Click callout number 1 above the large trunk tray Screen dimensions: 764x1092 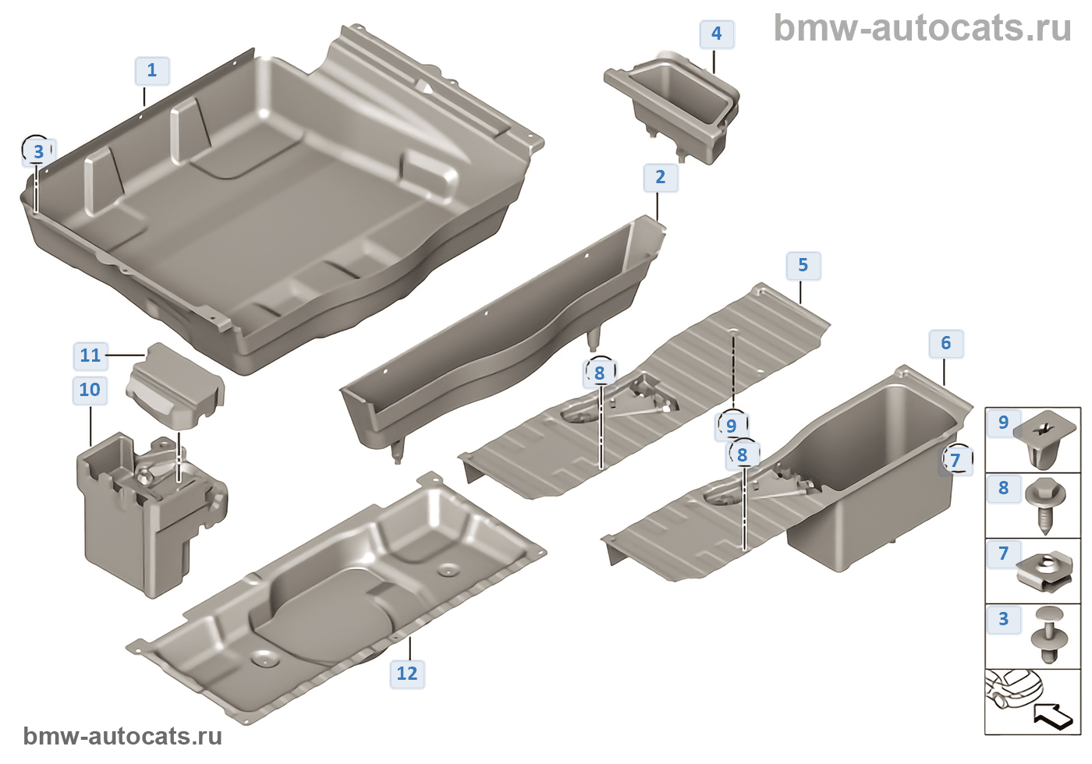[x=151, y=71]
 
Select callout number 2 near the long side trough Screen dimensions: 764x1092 [x=660, y=178]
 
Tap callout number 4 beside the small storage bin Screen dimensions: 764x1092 [x=716, y=34]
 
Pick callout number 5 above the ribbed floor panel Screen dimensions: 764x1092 [x=803, y=266]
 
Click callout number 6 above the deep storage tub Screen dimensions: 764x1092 [x=945, y=344]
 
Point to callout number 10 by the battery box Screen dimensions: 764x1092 [x=90, y=390]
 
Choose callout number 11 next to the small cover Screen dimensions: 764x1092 [x=90, y=355]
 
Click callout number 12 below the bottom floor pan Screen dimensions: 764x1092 [x=406, y=674]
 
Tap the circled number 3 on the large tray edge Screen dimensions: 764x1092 [x=38, y=151]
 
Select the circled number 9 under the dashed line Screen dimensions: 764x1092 [x=731, y=426]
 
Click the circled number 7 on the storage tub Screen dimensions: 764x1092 [x=955, y=460]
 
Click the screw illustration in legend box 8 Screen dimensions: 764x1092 [x=1044, y=504]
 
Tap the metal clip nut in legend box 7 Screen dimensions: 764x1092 [x=1045, y=570]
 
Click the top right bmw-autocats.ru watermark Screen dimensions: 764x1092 [x=922, y=28]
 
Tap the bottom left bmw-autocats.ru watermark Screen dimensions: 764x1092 [x=122, y=736]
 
